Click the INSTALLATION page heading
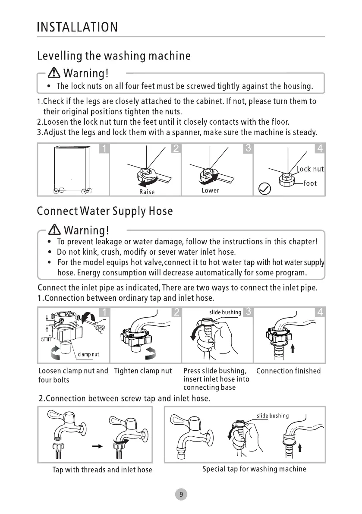tap(78, 27)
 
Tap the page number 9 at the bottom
tap(181, 495)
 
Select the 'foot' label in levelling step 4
tap(310, 183)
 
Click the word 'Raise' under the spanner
tap(147, 192)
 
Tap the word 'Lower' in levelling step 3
tap(210, 190)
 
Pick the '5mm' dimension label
tap(46, 339)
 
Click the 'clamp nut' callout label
tap(88, 354)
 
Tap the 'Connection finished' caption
tap(288, 371)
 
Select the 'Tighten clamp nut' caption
tap(143, 371)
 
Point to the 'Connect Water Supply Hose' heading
tap(105, 211)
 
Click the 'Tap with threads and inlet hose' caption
tap(102, 470)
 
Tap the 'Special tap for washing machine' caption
tap(254, 469)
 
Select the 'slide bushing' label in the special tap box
tap(273, 416)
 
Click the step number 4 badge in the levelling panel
tap(320, 149)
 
